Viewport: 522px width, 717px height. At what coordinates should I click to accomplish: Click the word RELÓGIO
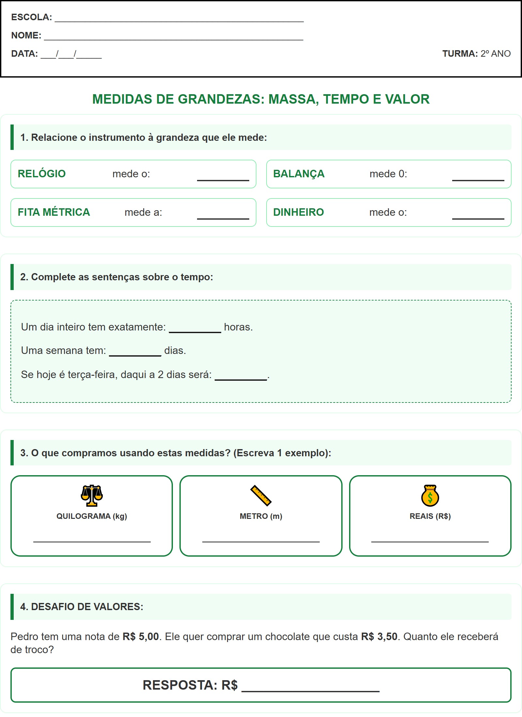41,174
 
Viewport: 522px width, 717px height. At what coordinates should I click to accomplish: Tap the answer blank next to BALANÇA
478,176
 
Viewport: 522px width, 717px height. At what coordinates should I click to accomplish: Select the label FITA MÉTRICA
54,212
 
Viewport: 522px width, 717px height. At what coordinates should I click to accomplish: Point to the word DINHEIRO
298,212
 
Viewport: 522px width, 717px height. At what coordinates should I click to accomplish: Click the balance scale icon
92,495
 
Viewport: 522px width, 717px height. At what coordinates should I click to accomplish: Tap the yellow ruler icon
261,495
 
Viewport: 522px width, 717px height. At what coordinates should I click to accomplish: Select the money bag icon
430,496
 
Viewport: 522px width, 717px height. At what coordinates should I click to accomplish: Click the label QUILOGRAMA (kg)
92,516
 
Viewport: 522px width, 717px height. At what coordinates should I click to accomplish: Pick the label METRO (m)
261,516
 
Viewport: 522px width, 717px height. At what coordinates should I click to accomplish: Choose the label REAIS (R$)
430,516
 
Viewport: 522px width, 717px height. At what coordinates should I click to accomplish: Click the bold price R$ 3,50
379,637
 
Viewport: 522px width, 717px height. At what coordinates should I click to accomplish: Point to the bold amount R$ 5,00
141,637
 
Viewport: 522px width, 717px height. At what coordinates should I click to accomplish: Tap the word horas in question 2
238,327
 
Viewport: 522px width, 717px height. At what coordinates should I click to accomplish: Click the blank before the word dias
135,352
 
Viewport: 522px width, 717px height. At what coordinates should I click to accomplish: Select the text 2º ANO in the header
495,53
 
